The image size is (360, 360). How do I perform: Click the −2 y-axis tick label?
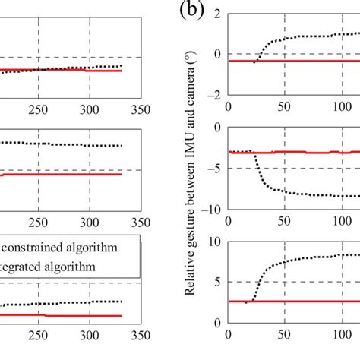click(213, 95)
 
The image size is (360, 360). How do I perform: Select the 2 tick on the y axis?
click(216, 14)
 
